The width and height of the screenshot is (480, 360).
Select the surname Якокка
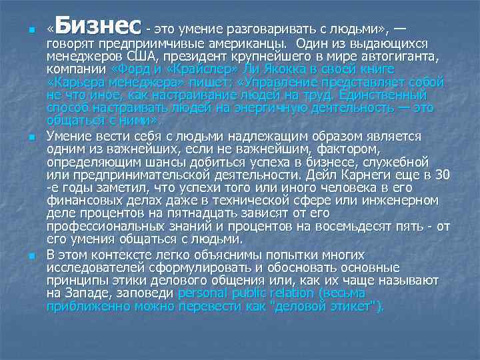coord(249,69)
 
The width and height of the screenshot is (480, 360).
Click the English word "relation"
coord(289,293)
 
